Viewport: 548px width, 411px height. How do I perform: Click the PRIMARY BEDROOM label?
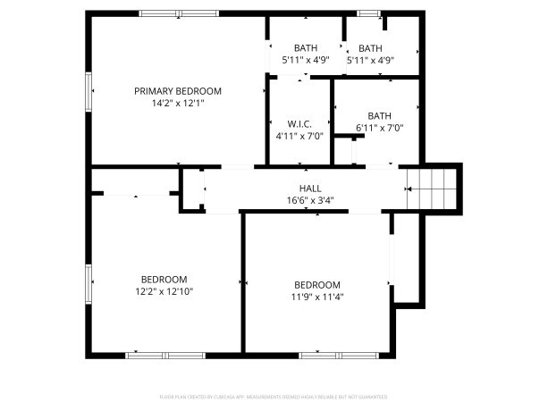[x=178, y=91]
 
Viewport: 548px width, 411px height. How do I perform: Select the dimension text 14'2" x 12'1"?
[x=178, y=103]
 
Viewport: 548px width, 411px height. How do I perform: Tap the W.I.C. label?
[x=299, y=123]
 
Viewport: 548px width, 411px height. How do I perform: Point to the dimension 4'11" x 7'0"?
[x=299, y=136]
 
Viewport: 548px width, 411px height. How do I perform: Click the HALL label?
[x=310, y=189]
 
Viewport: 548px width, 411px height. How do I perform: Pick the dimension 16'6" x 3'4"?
[x=310, y=201]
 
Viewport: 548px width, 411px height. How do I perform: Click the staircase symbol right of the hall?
[x=433, y=189]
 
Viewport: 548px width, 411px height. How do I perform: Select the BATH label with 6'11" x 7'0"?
[x=379, y=115]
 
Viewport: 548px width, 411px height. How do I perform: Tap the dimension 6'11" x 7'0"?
[x=379, y=128]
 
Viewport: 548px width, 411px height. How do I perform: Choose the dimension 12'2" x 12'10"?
[x=164, y=291]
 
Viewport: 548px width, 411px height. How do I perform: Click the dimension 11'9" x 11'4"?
[x=316, y=298]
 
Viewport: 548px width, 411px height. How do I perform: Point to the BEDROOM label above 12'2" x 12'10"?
[x=164, y=279]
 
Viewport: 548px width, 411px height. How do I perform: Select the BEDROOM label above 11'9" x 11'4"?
[x=316, y=285]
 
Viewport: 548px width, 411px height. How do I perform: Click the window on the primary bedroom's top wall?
[x=180, y=13]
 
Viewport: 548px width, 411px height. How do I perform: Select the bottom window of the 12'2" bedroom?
[x=164, y=355]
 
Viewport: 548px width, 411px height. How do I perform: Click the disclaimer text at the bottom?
[x=274, y=396]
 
